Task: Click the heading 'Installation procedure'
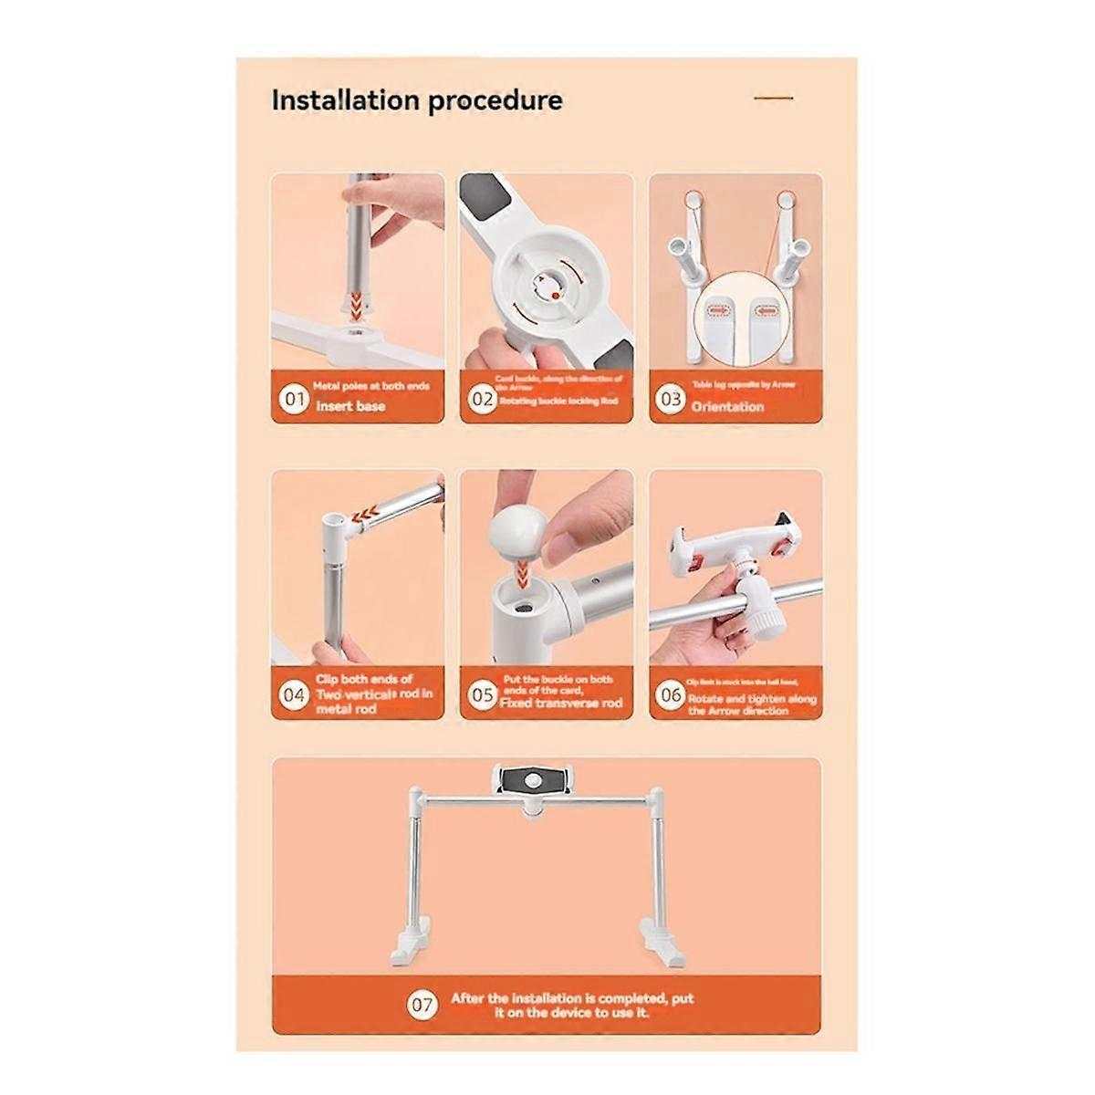pyautogui.click(x=417, y=100)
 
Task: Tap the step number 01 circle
pyautogui.click(x=295, y=399)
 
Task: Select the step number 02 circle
pyautogui.click(x=483, y=399)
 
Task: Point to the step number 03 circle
pyautogui.click(x=672, y=399)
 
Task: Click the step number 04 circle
pyautogui.click(x=294, y=695)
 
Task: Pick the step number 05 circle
pyautogui.click(x=483, y=695)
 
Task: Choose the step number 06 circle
pyautogui.click(x=671, y=695)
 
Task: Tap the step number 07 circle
pyautogui.click(x=422, y=980)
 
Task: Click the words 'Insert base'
pyautogui.click(x=350, y=406)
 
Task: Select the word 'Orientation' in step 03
pyautogui.click(x=727, y=407)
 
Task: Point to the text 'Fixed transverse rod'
pyautogui.click(x=561, y=704)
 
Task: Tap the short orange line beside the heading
pyautogui.click(x=774, y=98)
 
